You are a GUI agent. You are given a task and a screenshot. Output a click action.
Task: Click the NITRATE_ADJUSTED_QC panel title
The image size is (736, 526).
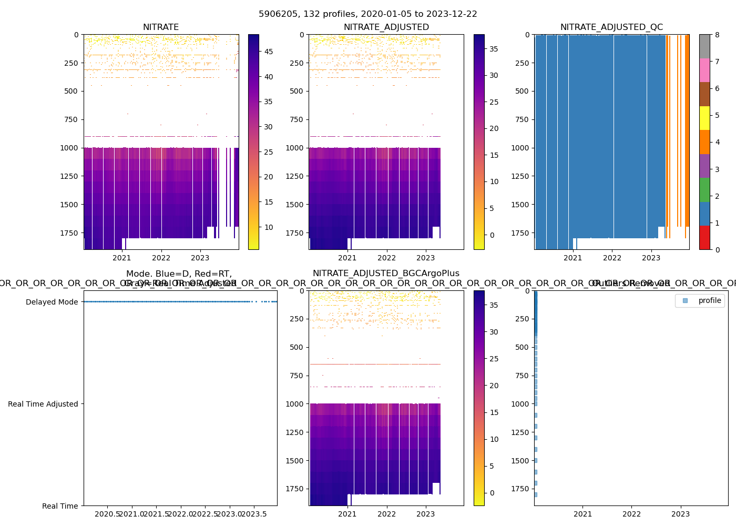point(611,27)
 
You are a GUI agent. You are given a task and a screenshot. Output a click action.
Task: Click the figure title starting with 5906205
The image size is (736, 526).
point(368,14)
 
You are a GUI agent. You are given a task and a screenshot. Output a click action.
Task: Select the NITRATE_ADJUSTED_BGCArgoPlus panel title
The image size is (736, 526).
point(386,274)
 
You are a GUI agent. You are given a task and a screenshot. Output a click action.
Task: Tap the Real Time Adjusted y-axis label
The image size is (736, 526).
point(43,404)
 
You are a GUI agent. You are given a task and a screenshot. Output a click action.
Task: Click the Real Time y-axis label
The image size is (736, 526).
point(60,506)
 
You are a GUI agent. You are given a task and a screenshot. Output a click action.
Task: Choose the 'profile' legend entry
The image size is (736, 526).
point(709,300)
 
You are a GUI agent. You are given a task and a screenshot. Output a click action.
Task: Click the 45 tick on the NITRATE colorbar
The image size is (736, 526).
point(268,52)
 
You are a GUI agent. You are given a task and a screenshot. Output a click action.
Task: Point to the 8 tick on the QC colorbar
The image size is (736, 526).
point(717,35)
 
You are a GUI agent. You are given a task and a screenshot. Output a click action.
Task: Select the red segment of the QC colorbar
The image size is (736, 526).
point(704,237)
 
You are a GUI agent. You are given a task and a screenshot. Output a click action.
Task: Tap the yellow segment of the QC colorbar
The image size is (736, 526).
point(704,118)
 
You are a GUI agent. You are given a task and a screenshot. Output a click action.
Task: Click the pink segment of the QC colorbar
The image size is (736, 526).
point(704,70)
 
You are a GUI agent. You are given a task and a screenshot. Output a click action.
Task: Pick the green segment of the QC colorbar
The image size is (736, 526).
point(704,189)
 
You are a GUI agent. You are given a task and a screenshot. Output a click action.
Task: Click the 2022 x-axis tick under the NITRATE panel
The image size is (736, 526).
point(161,258)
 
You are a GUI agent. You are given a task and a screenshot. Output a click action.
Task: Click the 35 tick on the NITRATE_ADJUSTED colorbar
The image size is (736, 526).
point(494,49)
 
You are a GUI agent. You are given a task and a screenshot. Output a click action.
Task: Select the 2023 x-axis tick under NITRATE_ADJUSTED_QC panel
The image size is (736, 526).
point(651,258)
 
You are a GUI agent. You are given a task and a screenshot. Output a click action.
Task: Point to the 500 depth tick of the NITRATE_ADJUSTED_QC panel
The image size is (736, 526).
point(522,91)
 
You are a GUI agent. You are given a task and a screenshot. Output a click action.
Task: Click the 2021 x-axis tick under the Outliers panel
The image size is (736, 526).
point(582,514)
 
